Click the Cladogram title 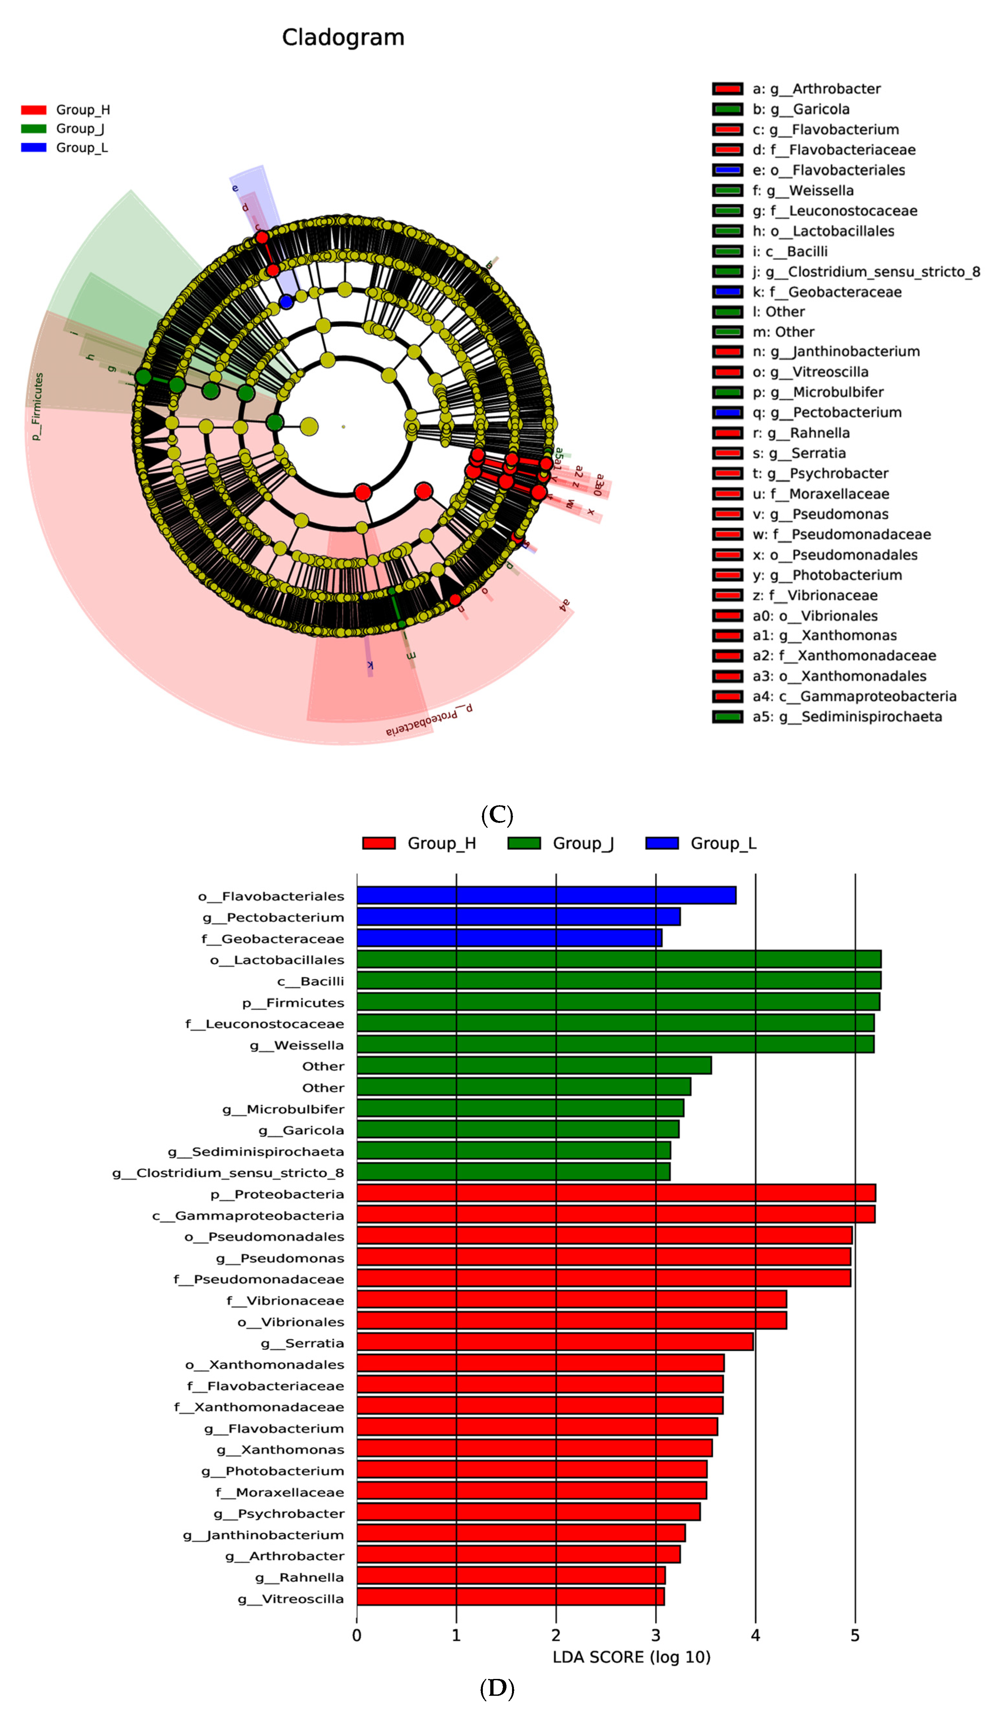coord(343,37)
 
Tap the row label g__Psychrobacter coord(279,1513)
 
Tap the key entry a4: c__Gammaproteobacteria coord(854,696)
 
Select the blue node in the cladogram coord(286,301)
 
